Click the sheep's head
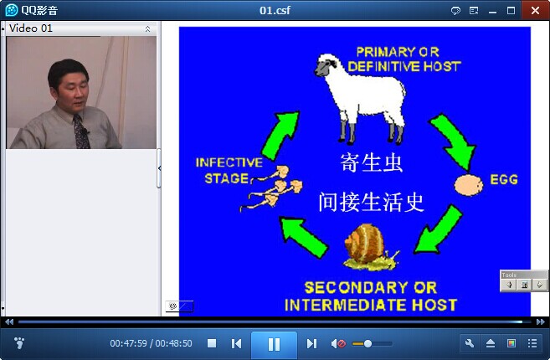click(326, 64)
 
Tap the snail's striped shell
click(364, 243)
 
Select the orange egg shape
click(469, 184)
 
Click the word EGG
click(504, 179)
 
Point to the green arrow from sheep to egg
click(453, 141)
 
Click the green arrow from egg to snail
click(438, 230)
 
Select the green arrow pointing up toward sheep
click(281, 136)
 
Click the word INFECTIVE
click(229, 162)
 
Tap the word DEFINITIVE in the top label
click(383, 66)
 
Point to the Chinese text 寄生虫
click(371, 162)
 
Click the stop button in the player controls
click(212, 343)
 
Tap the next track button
click(311, 343)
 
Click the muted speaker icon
click(338, 343)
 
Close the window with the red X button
click(535, 11)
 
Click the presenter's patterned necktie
click(81, 132)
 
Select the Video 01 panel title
click(31, 28)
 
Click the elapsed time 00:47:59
click(128, 343)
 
